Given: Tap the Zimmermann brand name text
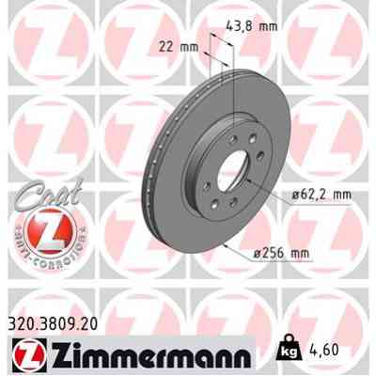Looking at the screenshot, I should tap(147, 358).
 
